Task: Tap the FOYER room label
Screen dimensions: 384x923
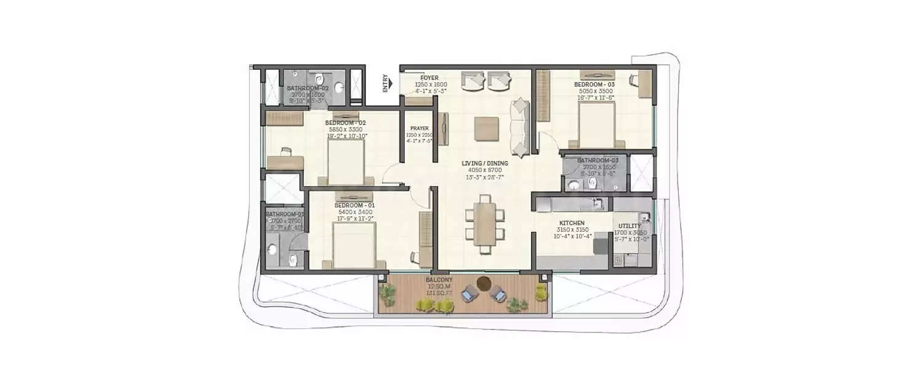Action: point(430,78)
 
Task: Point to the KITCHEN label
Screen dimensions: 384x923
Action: point(571,223)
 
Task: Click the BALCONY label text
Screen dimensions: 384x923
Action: point(439,280)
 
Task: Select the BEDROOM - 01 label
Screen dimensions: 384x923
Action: point(354,205)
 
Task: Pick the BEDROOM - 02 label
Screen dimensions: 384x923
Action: point(345,123)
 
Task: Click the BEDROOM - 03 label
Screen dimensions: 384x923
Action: point(594,84)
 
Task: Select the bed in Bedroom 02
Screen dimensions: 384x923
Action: point(346,163)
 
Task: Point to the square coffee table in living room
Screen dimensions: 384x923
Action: point(486,128)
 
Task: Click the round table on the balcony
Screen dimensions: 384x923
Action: point(484,283)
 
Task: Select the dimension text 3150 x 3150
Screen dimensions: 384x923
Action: point(572,230)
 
